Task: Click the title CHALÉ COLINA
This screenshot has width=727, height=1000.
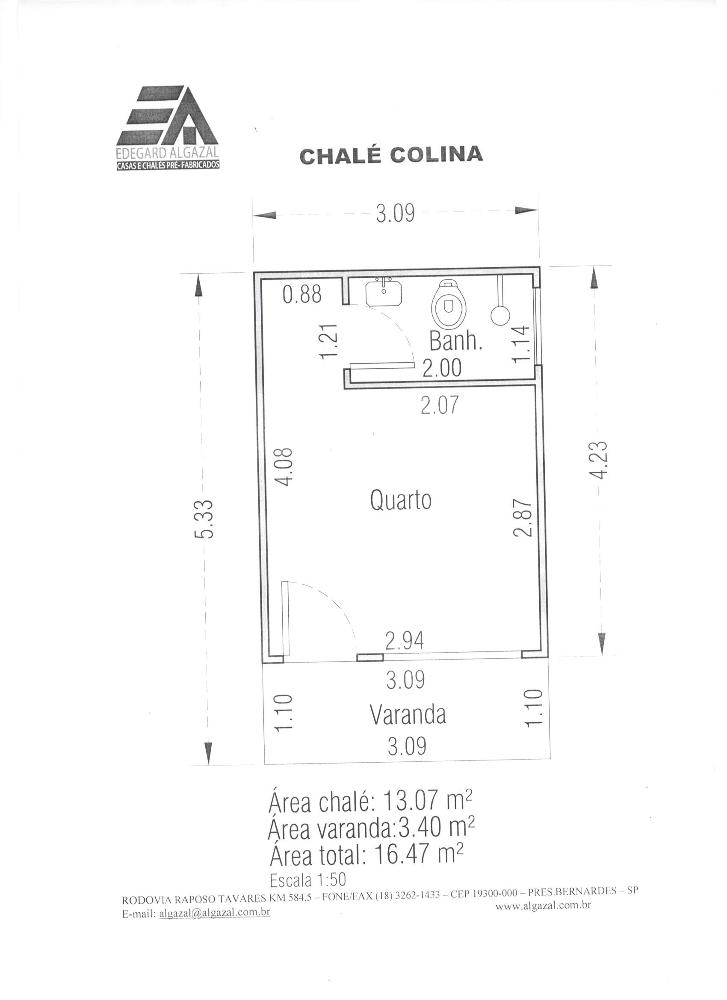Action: coord(391,155)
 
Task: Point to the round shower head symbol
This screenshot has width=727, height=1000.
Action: coord(500,314)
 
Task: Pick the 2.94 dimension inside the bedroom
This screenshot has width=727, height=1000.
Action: coord(404,642)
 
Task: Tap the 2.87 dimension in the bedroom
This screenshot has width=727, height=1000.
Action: coord(522,518)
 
